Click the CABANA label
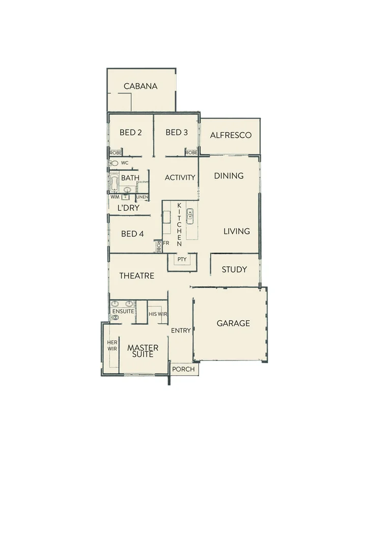[x=141, y=86]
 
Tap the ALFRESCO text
[x=231, y=135]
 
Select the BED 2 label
[x=131, y=133]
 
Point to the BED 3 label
[x=177, y=132]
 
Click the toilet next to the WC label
[x=114, y=163]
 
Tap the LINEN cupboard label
[x=142, y=197]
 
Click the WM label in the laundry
[x=115, y=197]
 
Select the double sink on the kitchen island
[x=190, y=216]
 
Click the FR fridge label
[x=166, y=243]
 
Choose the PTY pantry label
[x=182, y=259]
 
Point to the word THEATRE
[x=136, y=276]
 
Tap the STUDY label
[x=234, y=269]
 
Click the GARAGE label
[x=233, y=323]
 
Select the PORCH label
[x=184, y=369]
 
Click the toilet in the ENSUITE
[x=115, y=317]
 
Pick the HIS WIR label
[x=158, y=314]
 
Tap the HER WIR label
[x=112, y=346]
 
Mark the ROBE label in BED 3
[x=191, y=152]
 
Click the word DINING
[x=229, y=176]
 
